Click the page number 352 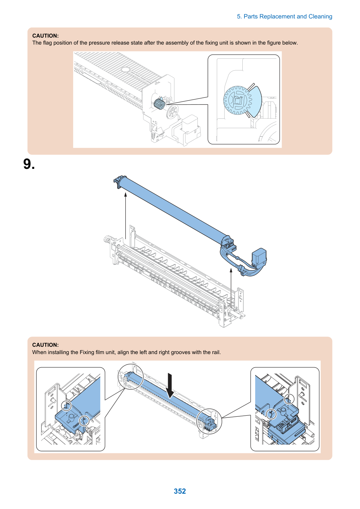pos(180,491)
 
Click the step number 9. pos(29,164)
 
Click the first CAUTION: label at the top pos(46,36)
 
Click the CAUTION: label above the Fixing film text pos(46,345)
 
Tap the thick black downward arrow pos(170,385)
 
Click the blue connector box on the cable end pos(259,257)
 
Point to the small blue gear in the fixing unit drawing pos(159,104)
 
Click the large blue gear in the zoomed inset pos(237,100)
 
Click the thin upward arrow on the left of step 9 pos(125,216)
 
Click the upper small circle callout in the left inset pos(66,406)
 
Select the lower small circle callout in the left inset pos(84,421)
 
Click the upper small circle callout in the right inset pos(289,399)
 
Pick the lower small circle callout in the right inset pos(271,414)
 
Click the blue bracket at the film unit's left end pos(118,181)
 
